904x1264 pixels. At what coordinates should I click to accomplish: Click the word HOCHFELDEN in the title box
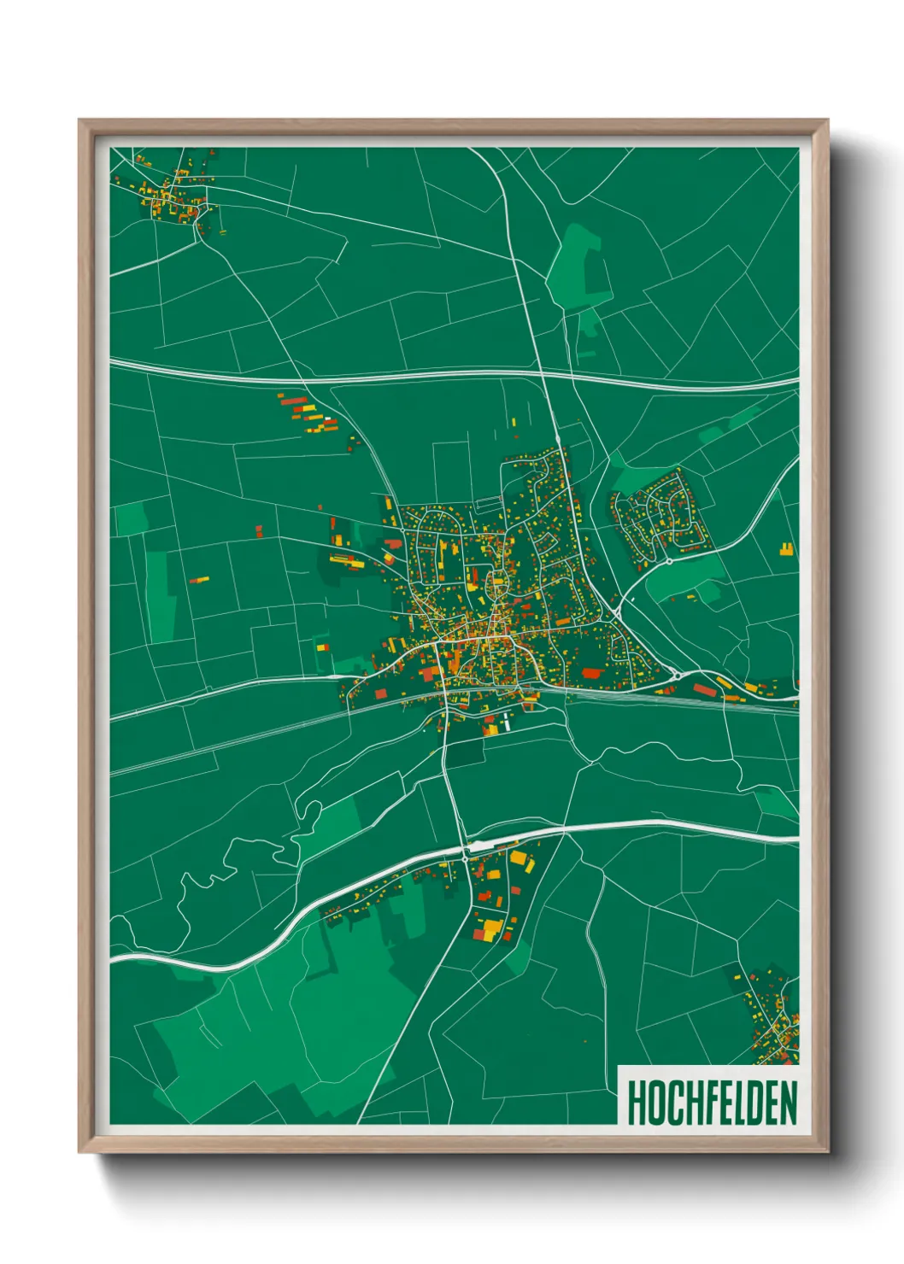[x=711, y=1102]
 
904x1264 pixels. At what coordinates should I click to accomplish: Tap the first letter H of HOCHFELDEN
[x=636, y=1102]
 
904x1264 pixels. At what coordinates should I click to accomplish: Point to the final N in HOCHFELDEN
[x=788, y=1102]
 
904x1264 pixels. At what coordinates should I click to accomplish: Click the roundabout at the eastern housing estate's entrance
[x=670, y=561]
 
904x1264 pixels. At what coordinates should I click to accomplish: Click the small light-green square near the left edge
[x=131, y=518]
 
